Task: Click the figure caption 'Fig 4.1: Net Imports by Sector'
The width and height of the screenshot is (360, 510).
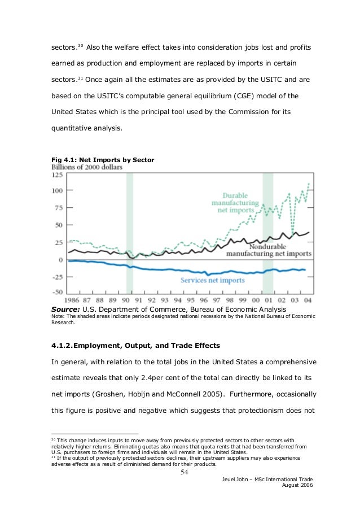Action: pos(102,160)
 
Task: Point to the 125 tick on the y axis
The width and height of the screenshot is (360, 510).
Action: pos(58,175)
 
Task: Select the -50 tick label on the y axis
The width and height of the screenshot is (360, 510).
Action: pos(58,292)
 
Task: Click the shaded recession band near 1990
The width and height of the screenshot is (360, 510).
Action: pos(130,232)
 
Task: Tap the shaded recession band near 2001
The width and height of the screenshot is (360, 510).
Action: pos(268,232)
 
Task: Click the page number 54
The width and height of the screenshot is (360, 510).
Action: pos(183,473)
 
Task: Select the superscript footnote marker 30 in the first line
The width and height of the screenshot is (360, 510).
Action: pos(81,43)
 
